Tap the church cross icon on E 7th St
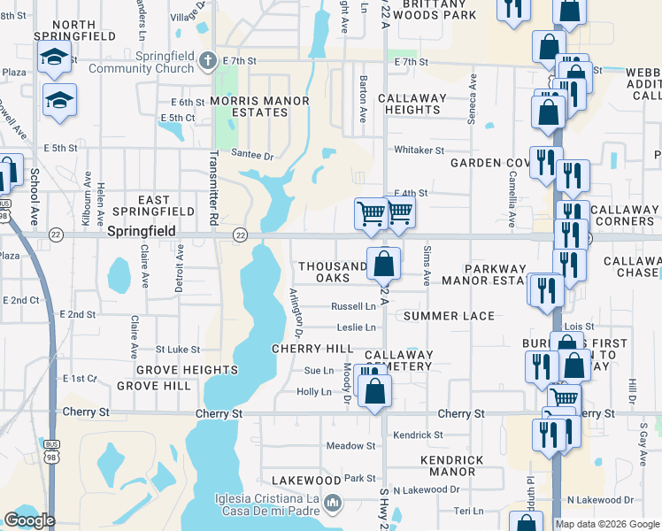pyautogui.click(x=208, y=62)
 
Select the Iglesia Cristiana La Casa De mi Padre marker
pyautogui.click(x=333, y=504)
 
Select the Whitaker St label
pyautogui.click(x=419, y=150)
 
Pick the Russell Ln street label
pyautogui.click(x=353, y=306)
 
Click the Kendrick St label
pyautogui.click(x=418, y=435)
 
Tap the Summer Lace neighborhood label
pyautogui.click(x=449, y=316)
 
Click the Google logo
pyautogui.click(x=29, y=520)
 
